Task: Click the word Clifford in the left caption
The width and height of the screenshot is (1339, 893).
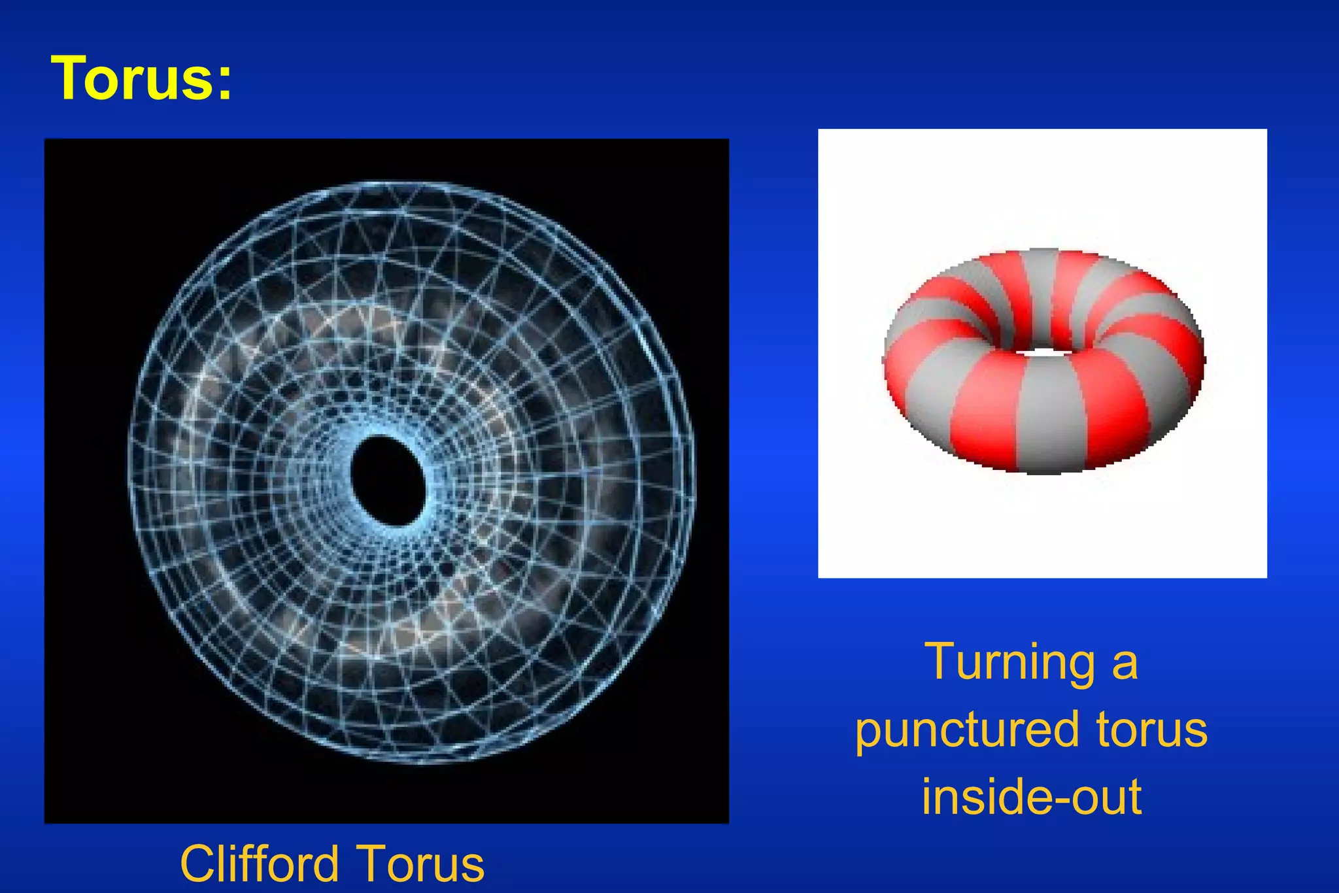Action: (x=259, y=864)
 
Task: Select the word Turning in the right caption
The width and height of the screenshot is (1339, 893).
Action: (x=1009, y=663)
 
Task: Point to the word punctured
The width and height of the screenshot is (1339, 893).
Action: (x=967, y=731)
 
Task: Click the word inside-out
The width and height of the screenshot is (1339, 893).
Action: (x=1031, y=798)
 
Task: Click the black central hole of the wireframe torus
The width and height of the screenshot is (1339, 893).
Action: (x=388, y=480)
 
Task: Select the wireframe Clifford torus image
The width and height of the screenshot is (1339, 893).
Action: (x=262, y=327)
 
